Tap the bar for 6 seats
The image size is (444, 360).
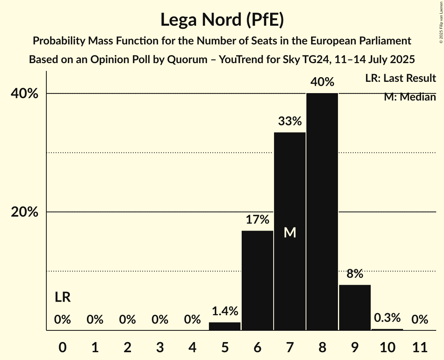point(257,281)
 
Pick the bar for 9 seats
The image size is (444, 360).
point(355,307)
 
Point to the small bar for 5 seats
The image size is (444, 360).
point(225,326)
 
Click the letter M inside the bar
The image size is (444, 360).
point(290,233)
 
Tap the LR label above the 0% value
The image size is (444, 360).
point(62,297)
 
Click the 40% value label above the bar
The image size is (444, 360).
point(322,82)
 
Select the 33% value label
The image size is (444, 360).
point(290,122)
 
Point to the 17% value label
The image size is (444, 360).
point(257,220)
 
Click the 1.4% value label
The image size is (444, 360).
point(225,311)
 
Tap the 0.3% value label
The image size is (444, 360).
point(387,318)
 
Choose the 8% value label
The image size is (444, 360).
point(355,274)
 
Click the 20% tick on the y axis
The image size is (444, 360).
point(24,212)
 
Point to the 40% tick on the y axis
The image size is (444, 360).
point(24,94)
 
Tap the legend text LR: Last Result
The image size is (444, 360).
point(400,78)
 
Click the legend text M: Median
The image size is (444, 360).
point(410,97)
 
